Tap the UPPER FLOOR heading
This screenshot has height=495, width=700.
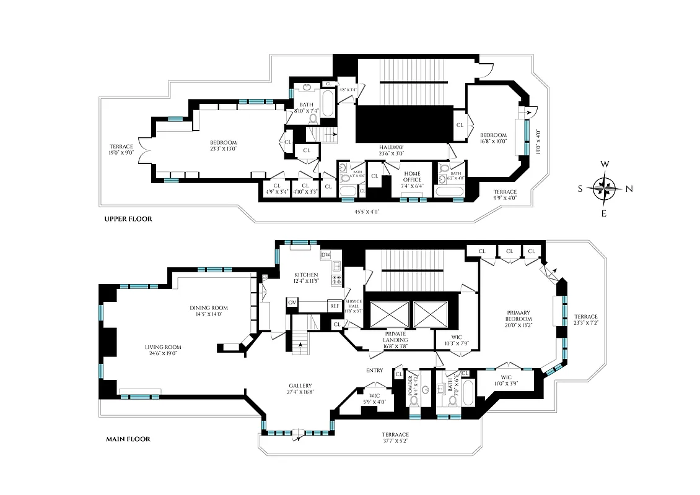tap(128, 219)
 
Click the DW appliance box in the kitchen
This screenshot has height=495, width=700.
tap(326, 255)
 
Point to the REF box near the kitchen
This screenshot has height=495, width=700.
tap(335, 305)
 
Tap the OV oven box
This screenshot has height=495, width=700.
tap(292, 302)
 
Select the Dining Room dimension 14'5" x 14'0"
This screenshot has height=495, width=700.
tap(209, 314)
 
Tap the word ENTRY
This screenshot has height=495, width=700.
tap(374, 371)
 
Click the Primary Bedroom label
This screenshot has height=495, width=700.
tap(518, 312)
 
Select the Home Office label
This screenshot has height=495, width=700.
tap(412, 176)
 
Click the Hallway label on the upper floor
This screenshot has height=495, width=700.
tap(392, 147)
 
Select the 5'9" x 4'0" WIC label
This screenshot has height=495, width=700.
tap(374, 397)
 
